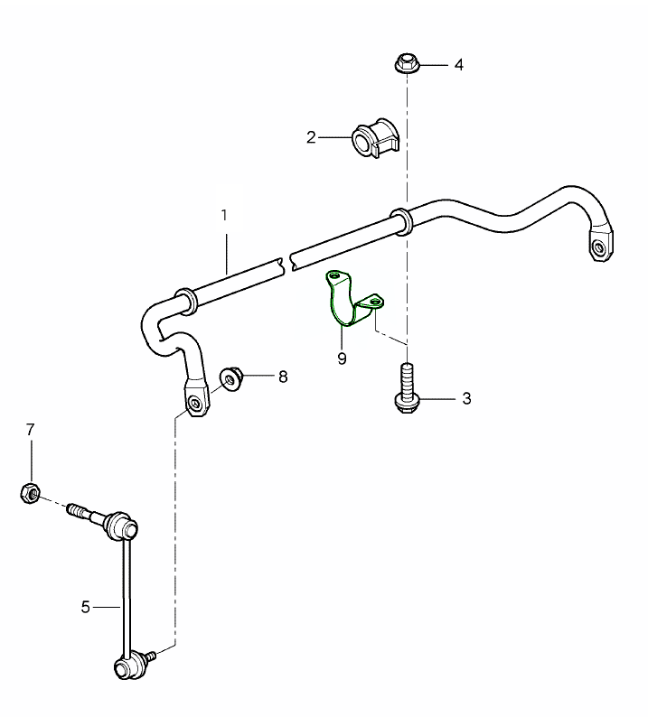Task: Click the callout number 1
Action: [224, 216]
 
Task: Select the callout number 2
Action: [311, 137]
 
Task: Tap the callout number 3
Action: [466, 398]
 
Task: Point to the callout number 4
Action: [458, 65]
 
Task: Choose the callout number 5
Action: [86, 607]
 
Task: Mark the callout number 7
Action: [30, 429]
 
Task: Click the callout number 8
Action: [283, 377]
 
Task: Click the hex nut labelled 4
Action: [406, 64]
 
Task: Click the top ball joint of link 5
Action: [122, 524]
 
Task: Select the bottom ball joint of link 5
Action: [126, 666]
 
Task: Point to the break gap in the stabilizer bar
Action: [285, 262]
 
